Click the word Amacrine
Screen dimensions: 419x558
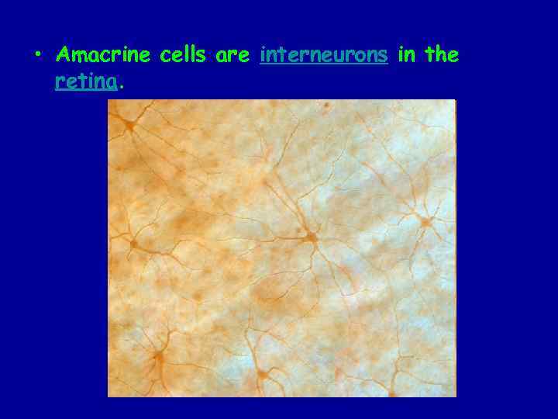[x=105, y=55]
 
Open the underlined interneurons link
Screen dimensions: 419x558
[x=324, y=56]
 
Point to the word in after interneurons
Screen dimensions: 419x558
[x=406, y=55]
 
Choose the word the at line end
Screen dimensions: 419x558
[x=442, y=55]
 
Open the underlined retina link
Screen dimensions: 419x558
[x=87, y=81]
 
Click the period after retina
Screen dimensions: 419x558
[x=122, y=86]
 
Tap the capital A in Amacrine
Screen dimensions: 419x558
[x=64, y=55]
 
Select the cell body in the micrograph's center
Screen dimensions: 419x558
[x=311, y=237]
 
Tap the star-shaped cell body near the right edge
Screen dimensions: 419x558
[x=425, y=222]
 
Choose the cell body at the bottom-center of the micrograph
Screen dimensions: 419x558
[x=263, y=376]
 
